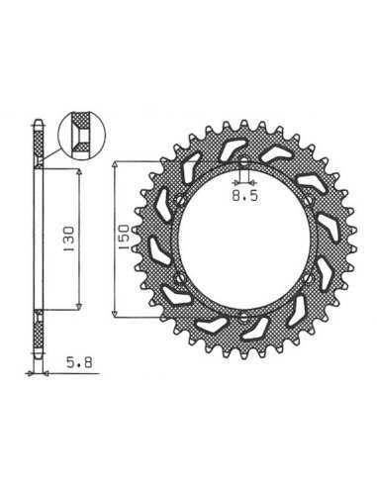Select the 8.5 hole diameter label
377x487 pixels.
pos(244,196)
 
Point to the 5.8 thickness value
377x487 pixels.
pos(79,362)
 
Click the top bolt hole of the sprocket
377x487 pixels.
pos(243,162)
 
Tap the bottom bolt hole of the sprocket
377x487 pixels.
pos(243,318)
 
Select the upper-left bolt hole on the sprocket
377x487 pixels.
pos(179,200)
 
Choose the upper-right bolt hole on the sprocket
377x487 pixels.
pos(309,200)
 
